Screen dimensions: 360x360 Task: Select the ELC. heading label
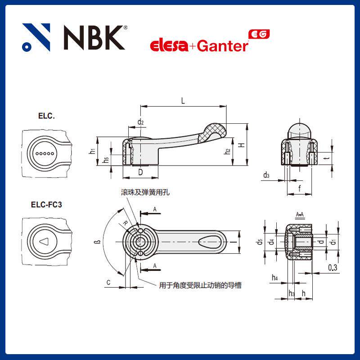click(46, 116)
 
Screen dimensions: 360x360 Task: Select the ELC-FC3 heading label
click(46, 204)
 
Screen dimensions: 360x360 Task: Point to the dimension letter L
click(183, 101)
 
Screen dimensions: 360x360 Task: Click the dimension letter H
click(242, 145)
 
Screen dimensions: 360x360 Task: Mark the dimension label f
click(300, 189)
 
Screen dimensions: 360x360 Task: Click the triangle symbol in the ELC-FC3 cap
click(44, 242)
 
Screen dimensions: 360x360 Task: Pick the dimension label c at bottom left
click(109, 282)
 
